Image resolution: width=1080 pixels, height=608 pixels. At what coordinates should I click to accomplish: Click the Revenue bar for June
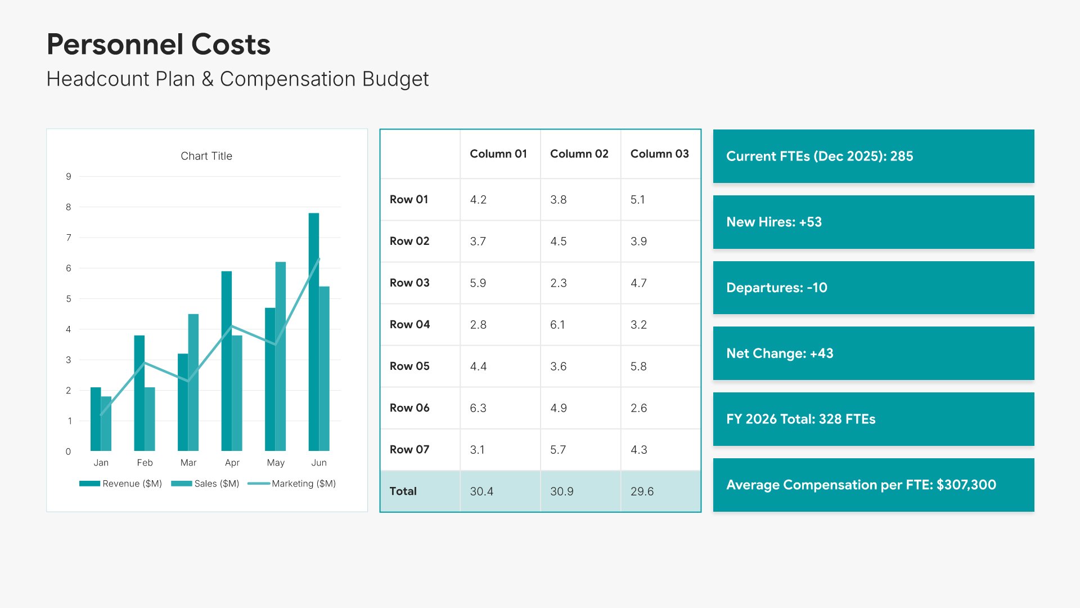click(x=314, y=332)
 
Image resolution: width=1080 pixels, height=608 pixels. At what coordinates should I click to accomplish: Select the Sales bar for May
click(x=281, y=356)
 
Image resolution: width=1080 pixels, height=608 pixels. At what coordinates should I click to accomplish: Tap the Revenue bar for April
click(x=226, y=361)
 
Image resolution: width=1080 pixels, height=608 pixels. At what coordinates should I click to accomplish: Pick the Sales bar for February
click(x=150, y=419)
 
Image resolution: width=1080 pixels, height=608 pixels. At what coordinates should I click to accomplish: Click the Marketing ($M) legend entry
click(x=292, y=484)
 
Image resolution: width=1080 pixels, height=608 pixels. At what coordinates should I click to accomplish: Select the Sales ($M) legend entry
click(x=205, y=484)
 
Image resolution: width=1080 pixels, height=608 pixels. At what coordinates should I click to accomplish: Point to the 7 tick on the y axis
click(x=69, y=238)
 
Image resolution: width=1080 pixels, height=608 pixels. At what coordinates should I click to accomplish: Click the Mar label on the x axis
click(x=188, y=463)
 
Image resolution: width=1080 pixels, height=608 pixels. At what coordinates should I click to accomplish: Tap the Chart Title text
click(x=206, y=156)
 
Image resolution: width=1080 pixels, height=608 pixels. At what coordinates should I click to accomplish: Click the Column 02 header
click(x=579, y=154)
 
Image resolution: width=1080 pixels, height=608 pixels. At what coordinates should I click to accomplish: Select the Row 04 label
click(x=409, y=324)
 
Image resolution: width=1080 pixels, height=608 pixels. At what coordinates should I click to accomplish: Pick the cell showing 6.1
click(x=557, y=324)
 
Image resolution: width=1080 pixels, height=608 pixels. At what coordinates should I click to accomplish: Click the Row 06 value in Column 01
click(x=478, y=408)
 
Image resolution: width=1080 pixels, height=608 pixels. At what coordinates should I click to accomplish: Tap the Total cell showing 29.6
click(x=642, y=491)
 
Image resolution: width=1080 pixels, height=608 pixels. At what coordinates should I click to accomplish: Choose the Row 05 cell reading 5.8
click(x=638, y=366)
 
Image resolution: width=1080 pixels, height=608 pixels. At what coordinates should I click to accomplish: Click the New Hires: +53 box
click(x=873, y=222)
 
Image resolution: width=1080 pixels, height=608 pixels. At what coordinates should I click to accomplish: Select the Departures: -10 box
click(x=873, y=288)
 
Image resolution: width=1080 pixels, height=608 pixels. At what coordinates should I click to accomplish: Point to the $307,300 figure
click(x=966, y=485)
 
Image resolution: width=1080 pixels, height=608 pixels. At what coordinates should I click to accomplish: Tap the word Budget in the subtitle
click(x=395, y=79)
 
